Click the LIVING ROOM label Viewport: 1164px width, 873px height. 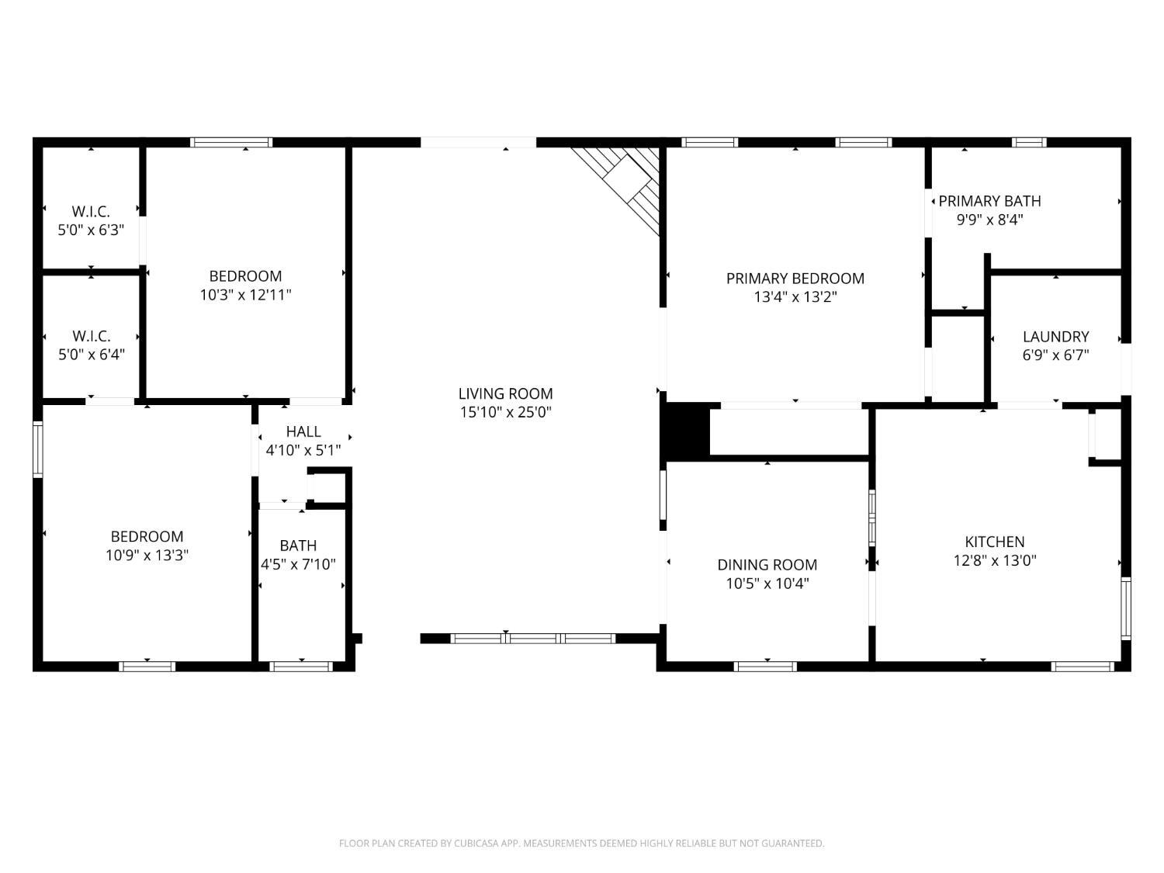point(505,393)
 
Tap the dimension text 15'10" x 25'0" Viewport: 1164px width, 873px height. point(505,412)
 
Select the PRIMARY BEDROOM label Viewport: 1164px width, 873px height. point(795,278)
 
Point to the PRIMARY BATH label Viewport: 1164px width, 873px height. point(989,201)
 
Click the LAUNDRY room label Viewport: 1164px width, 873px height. point(1055,336)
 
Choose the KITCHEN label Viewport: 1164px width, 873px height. point(995,542)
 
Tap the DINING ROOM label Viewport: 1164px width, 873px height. point(767,564)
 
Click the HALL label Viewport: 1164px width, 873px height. point(303,431)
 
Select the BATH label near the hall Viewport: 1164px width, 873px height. point(298,546)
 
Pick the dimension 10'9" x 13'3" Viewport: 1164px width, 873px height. point(147,555)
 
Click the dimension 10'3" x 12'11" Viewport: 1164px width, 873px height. point(245,295)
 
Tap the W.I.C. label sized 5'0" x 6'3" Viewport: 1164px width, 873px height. point(91,211)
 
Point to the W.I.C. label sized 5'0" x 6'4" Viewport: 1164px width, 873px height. point(91,336)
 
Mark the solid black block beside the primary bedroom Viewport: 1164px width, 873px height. point(685,429)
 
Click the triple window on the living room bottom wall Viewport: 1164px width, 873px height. point(533,639)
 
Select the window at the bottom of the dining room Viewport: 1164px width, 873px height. point(765,666)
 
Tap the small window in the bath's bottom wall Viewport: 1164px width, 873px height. point(300,666)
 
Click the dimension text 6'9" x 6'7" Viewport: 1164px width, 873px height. point(1055,355)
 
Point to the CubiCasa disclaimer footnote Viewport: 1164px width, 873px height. point(581,843)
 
